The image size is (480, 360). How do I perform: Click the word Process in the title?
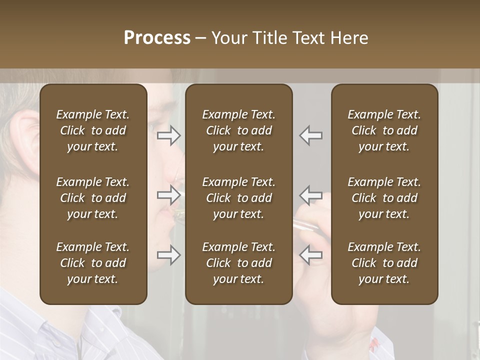point(157,38)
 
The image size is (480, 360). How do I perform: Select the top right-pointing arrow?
point(169,135)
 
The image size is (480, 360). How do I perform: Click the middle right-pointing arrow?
point(169,195)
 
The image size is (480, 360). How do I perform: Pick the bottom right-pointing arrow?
point(169,255)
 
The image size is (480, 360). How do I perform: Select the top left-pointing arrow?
point(311,135)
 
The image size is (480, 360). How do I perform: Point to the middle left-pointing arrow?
point(311,195)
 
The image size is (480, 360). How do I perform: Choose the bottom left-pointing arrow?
point(311,255)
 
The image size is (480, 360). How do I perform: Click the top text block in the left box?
point(93,130)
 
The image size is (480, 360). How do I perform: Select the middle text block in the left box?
point(93,198)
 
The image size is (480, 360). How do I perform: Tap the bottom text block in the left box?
point(93,263)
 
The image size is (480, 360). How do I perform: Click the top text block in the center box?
point(238,130)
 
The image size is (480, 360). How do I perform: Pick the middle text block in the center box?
point(238,198)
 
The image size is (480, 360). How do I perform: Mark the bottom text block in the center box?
point(238,263)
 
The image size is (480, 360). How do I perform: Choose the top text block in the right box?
point(384,130)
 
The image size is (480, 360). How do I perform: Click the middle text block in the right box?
point(384,198)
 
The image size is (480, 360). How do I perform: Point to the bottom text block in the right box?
point(384,263)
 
